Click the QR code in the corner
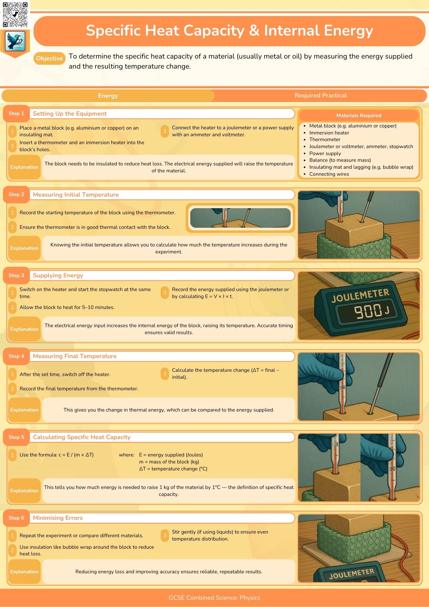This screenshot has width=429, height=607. (x=15, y=15)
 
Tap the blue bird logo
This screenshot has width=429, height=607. (x=15, y=41)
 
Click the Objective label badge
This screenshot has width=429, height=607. (x=49, y=58)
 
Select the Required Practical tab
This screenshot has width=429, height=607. (x=320, y=96)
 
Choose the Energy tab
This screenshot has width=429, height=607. (x=108, y=96)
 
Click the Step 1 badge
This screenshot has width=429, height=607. (x=16, y=114)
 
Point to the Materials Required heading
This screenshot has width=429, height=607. (x=359, y=115)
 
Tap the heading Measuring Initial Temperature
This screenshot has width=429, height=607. (x=76, y=195)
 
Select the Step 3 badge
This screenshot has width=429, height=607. (x=16, y=275)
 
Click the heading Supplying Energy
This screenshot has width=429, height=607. (x=58, y=275)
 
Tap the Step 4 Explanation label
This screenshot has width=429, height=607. (x=24, y=410)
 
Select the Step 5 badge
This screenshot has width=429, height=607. (x=16, y=437)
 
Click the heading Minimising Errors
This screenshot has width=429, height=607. (x=58, y=518)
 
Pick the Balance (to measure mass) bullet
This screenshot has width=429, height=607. (x=340, y=160)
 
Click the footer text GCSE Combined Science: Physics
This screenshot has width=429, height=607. (x=214, y=598)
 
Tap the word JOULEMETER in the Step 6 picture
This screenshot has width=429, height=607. (x=352, y=574)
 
